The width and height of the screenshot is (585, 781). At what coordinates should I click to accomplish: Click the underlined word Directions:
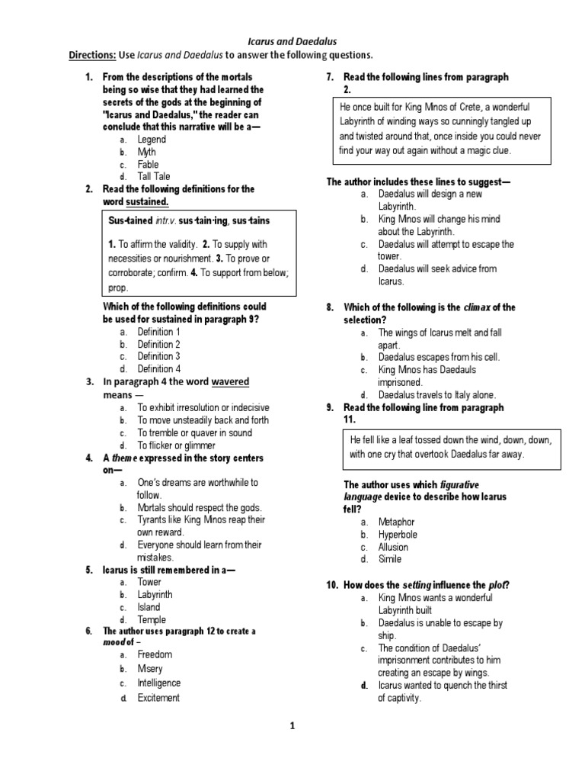pyautogui.click(x=92, y=55)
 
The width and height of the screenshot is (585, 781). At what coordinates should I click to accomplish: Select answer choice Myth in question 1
pyautogui.click(x=146, y=152)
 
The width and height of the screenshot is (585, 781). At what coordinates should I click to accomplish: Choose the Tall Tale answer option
pyautogui.click(x=154, y=176)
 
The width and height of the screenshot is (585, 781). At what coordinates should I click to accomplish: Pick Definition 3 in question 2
pyautogui.click(x=158, y=356)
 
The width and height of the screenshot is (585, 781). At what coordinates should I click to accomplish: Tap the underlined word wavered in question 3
pyautogui.click(x=230, y=381)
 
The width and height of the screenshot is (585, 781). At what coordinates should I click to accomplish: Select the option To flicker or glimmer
pyautogui.click(x=176, y=445)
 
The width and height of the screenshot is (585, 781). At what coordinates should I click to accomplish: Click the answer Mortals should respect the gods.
pyautogui.click(x=199, y=507)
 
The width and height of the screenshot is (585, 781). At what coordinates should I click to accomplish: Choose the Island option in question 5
pyautogui.click(x=149, y=607)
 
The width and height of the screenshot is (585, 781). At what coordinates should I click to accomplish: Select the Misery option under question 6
pyautogui.click(x=150, y=668)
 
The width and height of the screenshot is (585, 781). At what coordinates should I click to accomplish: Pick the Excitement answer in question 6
pyautogui.click(x=158, y=698)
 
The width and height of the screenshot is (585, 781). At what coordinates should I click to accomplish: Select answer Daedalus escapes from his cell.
pyautogui.click(x=440, y=357)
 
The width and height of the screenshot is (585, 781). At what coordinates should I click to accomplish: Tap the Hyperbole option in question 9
pyautogui.click(x=398, y=535)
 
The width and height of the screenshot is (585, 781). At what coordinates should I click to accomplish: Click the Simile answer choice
pyautogui.click(x=389, y=559)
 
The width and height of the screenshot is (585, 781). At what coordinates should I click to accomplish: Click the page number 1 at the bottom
pyautogui.click(x=292, y=726)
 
